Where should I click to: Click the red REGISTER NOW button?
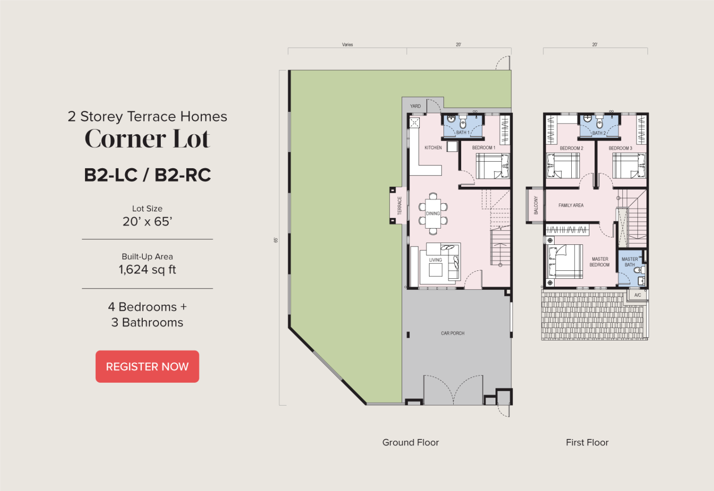147,367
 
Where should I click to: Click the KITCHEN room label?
433,148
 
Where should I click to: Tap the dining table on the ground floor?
433,214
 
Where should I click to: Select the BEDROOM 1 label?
483,148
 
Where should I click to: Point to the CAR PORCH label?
453,333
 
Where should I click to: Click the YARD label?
415,106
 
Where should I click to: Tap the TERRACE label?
400,205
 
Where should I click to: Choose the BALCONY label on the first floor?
536,205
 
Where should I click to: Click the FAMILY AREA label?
571,205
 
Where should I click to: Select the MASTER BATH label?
629,262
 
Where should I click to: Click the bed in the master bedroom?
565,261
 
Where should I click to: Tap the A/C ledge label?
637,295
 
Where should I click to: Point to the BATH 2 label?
599,133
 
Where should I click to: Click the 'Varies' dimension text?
347,45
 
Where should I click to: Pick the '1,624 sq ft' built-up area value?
147,269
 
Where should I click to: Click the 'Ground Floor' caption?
410,442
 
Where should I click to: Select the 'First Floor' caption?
587,442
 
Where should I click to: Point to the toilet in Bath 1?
463,123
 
